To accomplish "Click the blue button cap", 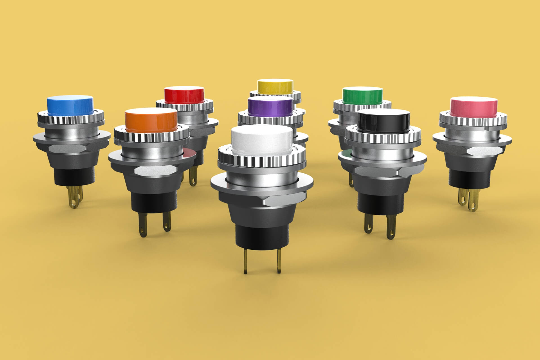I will (x=70, y=105).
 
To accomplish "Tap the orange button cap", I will (x=151, y=120).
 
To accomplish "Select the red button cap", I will (x=184, y=95).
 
